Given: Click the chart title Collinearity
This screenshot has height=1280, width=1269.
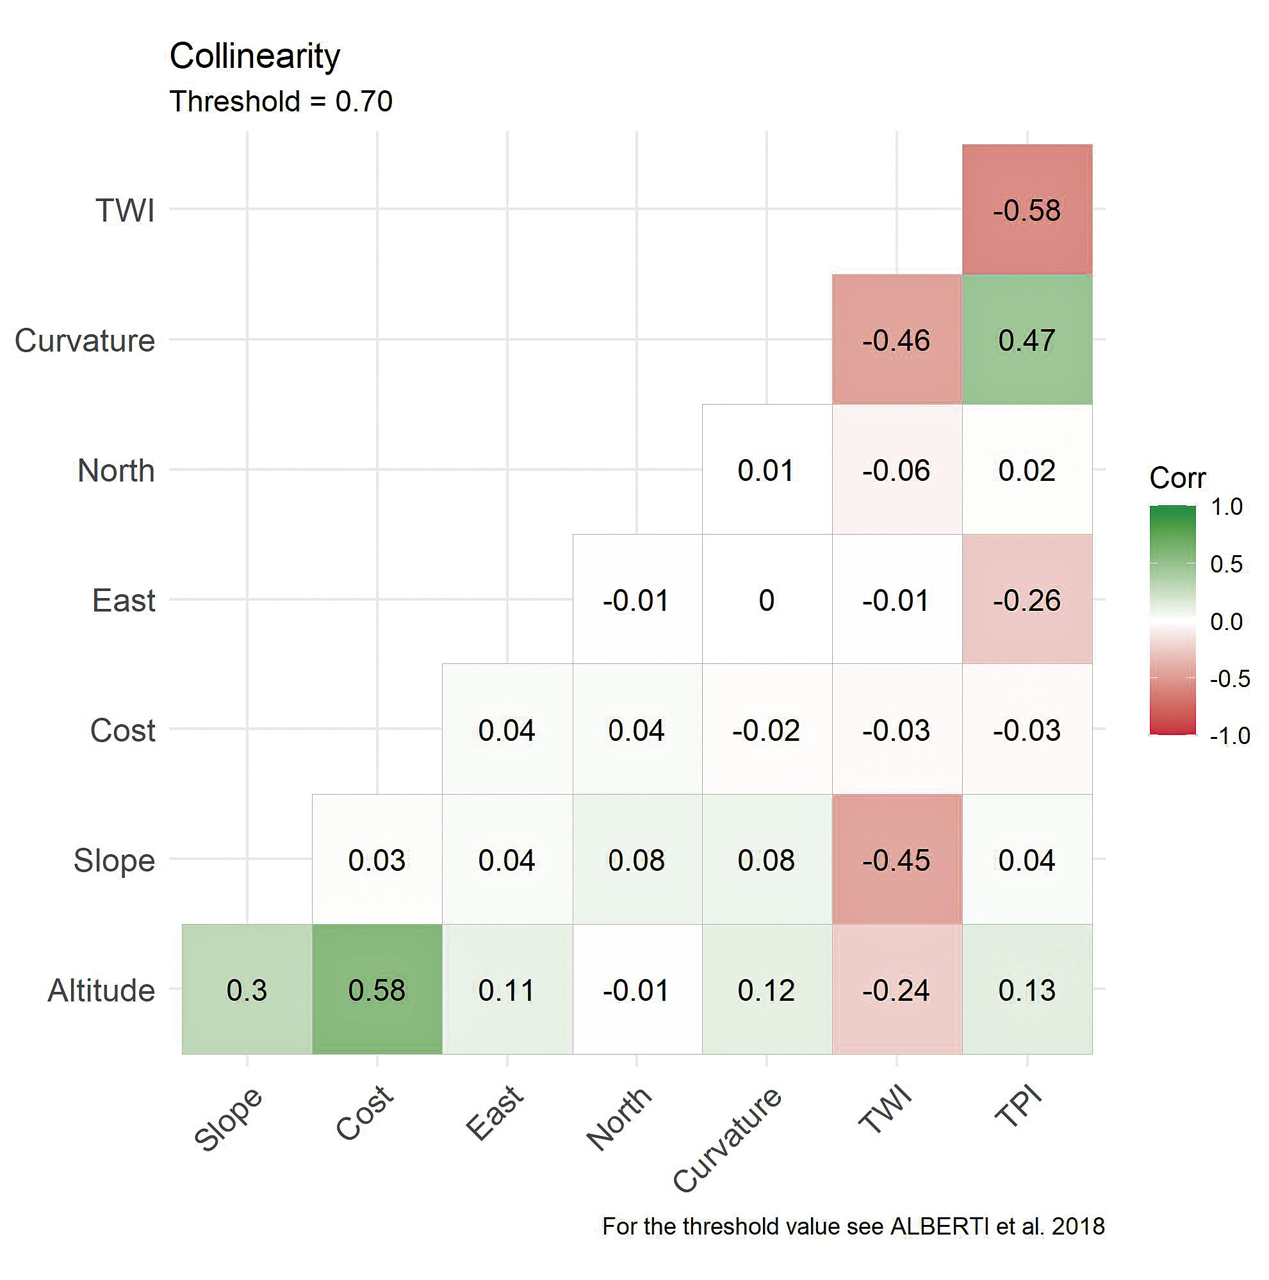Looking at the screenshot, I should (x=254, y=56).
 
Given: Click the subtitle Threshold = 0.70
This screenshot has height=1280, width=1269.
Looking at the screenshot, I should (x=281, y=102).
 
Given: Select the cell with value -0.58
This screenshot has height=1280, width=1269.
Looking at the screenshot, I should (x=1026, y=210).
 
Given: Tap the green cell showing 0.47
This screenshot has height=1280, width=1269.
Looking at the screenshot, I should (x=1026, y=340).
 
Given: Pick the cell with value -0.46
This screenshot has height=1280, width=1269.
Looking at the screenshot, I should (x=897, y=340).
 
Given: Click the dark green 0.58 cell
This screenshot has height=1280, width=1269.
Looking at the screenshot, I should (x=377, y=990).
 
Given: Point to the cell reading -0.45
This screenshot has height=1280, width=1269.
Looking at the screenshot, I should (x=897, y=860).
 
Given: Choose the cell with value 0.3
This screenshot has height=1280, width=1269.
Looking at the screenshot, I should (x=247, y=990).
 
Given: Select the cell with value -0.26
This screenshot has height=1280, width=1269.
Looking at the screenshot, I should (x=1026, y=600).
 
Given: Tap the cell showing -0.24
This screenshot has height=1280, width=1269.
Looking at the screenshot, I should (x=897, y=990).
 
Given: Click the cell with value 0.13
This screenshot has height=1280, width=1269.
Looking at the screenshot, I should (x=1026, y=990).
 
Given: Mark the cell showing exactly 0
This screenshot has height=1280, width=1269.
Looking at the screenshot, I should (x=767, y=600).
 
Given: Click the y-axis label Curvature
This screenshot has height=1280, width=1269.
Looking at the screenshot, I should (x=85, y=341).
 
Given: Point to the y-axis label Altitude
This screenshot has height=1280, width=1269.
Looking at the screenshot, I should (x=101, y=991).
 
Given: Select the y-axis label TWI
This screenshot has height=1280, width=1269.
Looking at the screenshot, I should (x=126, y=211).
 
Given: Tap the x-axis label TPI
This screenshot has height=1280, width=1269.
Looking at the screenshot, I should (x=1019, y=1108).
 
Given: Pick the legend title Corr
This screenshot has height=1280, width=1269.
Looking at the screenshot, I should (x=1177, y=478).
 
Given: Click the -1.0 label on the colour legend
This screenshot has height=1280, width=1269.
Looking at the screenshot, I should (x=1230, y=735).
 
